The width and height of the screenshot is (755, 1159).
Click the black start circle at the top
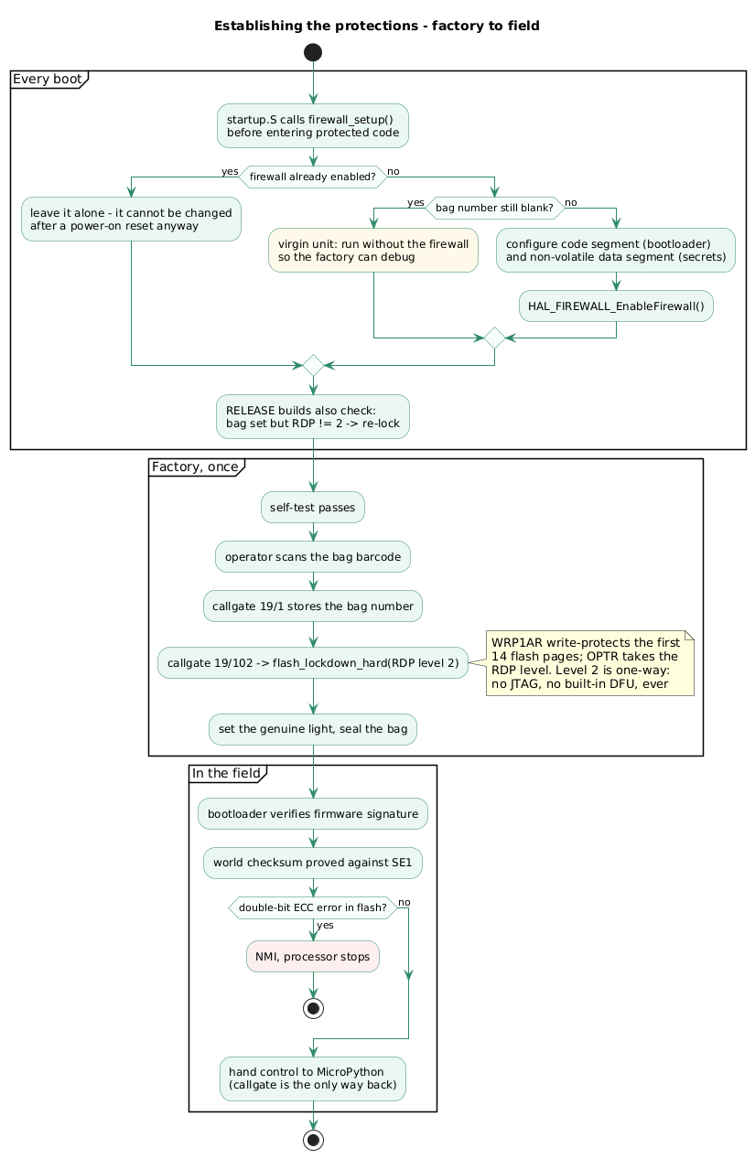click(313, 52)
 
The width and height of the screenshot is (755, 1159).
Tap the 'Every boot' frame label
click(48, 80)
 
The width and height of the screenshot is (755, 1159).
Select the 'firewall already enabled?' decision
click(313, 177)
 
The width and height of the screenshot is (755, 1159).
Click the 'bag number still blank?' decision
click(494, 208)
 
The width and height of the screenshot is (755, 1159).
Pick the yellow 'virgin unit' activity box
click(373, 251)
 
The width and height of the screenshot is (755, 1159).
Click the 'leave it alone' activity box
click(131, 220)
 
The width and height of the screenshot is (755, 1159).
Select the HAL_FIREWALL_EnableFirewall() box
click(616, 306)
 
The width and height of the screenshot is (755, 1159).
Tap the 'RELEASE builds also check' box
click(313, 417)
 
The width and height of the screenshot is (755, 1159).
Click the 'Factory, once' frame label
click(195, 467)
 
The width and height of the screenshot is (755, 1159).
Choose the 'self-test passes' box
click(313, 508)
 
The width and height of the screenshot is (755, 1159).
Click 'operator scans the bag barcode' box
click(313, 557)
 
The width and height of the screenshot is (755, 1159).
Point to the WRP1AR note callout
click(590, 663)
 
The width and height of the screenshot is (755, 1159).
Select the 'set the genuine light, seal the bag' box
click(313, 730)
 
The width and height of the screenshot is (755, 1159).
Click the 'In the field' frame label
click(227, 774)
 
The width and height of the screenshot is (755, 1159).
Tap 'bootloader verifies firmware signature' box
click(313, 814)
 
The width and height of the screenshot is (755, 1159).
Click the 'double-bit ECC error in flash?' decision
click(313, 907)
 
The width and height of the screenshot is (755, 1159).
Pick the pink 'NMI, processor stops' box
click(313, 957)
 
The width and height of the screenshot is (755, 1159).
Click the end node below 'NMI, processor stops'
click(313, 1008)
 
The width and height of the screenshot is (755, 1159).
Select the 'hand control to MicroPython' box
click(313, 1079)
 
